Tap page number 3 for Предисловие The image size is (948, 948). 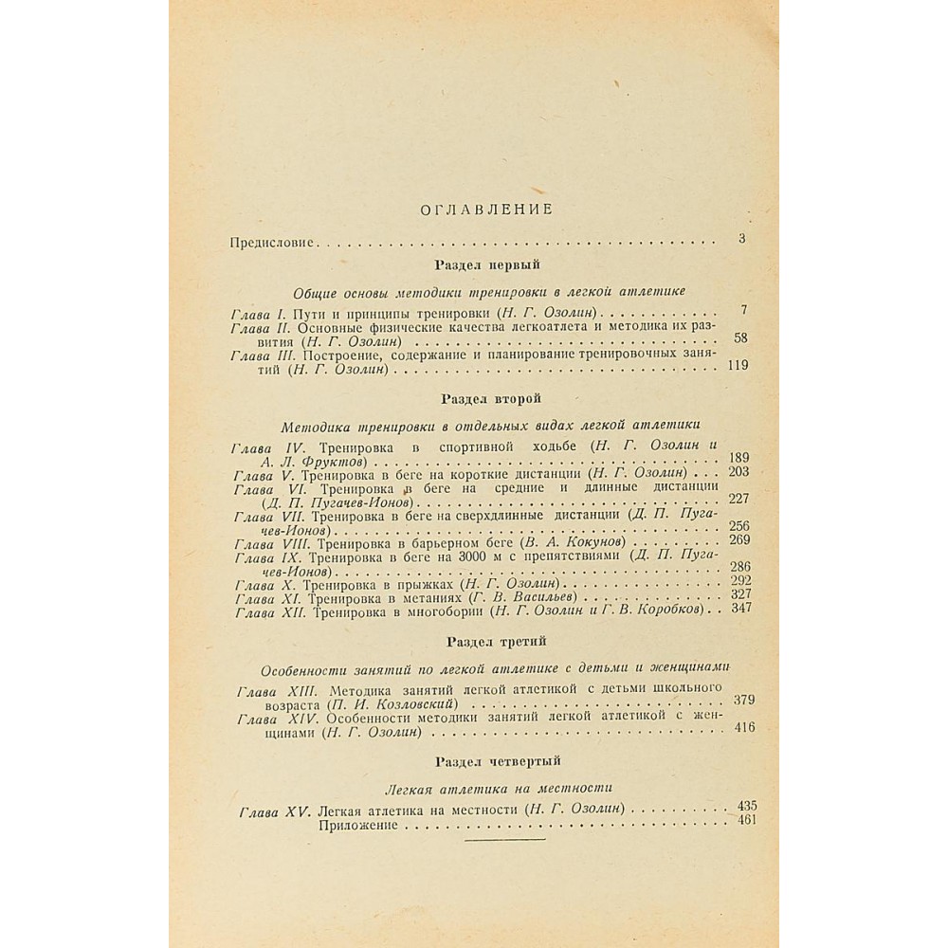pyautogui.click(x=741, y=238)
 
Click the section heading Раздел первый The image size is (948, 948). pyautogui.click(x=486, y=265)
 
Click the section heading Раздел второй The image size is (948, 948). pyautogui.click(x=490, y=400)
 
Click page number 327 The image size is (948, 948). pyautogui.click(x=738, y=594)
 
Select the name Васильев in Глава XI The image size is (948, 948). pyautogui.click(x=544, y=600)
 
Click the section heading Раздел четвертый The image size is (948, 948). pyautogui.click(x=499, y=760)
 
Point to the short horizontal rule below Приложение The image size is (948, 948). pyautogui.click(x=505, y=839)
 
